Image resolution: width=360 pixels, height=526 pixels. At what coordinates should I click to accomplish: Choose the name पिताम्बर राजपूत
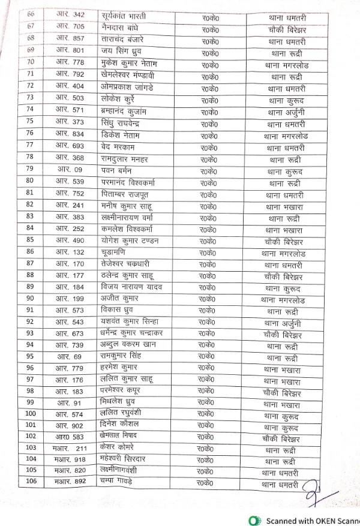point(125,194)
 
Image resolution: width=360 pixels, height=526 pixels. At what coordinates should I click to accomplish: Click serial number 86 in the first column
point(30,253)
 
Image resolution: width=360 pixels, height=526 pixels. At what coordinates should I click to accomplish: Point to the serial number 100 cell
point(31,414)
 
